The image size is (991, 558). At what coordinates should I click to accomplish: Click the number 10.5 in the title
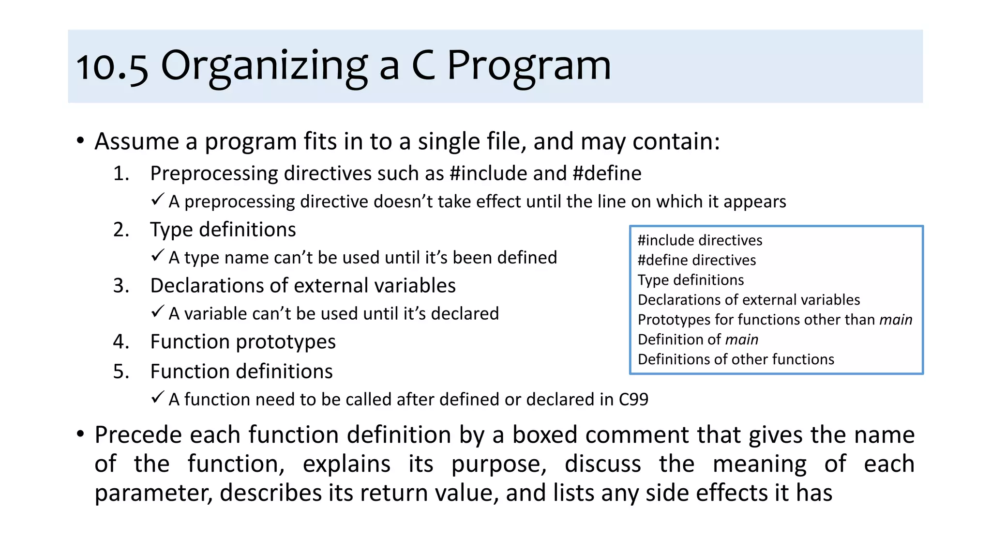coord(112,67)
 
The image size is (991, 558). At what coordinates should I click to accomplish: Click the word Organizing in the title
coord(264,67)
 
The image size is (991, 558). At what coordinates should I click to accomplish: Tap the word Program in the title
coord(528,67)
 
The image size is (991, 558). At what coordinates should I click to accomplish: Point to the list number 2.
coord(121,230)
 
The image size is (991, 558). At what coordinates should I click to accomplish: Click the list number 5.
coord(121,372)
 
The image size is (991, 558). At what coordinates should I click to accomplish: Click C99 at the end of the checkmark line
coord(633,400)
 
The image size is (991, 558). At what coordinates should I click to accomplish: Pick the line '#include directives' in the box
coord(700,240)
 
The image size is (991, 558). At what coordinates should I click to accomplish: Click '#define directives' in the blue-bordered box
coord(696,260)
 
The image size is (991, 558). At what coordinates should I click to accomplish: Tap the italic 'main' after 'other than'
coord(896,320)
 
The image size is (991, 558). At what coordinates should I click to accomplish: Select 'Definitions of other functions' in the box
coord(736,359)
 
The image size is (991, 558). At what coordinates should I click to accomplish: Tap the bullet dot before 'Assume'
coord(80,141)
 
